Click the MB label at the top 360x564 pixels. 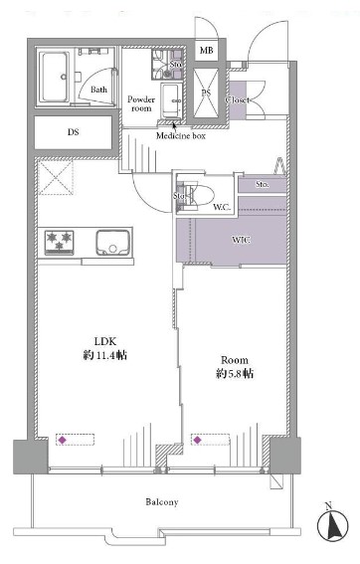206,51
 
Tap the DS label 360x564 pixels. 73,132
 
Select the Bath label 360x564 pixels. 98,90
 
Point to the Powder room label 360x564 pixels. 141,103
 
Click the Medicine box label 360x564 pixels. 181,136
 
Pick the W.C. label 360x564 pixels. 221,207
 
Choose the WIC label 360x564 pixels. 241,240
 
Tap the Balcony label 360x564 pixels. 162,502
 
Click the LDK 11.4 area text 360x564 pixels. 105,348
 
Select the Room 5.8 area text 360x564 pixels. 235,367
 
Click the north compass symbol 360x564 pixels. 333,523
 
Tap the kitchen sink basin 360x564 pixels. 112,243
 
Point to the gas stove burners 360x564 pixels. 60,243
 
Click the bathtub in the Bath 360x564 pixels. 55,77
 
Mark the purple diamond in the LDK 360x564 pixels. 63,440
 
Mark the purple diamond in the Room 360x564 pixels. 197,440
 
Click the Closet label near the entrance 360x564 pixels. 238,100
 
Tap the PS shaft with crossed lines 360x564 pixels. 206,93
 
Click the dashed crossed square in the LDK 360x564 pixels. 56,178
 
